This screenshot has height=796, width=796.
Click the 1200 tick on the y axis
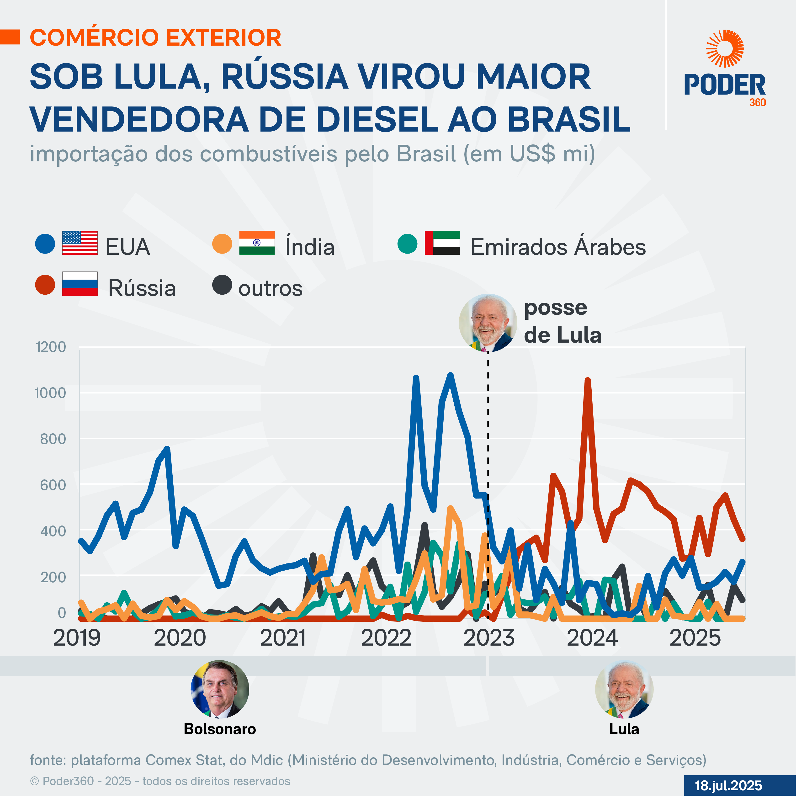51,347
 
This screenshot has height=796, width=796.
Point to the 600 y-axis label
53,485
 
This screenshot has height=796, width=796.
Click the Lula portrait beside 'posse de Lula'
488,323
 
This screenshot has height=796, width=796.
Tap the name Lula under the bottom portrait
624,729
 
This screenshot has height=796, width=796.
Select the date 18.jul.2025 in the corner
728,785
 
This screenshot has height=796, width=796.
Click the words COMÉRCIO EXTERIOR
155,37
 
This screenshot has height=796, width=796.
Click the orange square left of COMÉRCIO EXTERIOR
10,37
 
